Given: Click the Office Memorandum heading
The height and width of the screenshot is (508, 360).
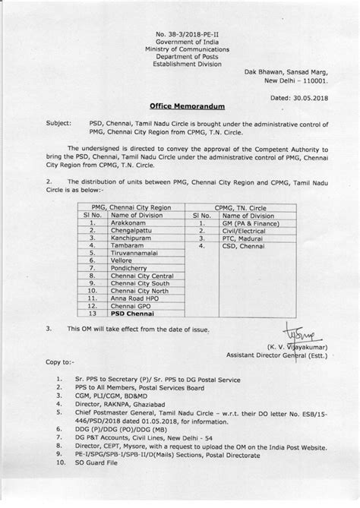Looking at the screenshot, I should click(180, 109).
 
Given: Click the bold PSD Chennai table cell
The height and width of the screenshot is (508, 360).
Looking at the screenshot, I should click(132, 312).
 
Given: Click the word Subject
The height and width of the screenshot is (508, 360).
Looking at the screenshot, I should click(58, 121).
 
